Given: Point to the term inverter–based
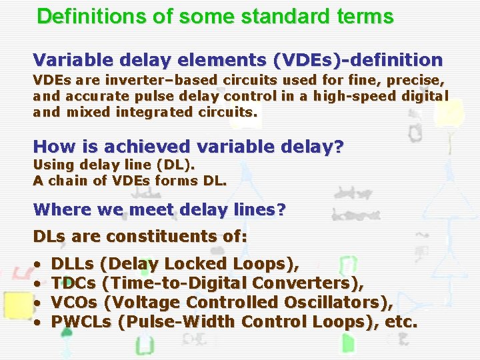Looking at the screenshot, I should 133,80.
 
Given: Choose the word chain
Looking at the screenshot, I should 65,180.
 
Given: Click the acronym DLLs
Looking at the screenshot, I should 71,264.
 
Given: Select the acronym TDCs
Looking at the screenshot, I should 71,283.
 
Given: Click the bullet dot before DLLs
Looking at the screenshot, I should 37,265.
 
